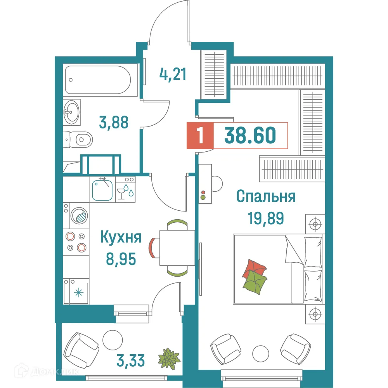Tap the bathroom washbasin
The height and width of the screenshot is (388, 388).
pos(72,112)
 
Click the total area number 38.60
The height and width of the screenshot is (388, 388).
pos(250,135)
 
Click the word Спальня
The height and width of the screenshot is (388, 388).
pos(266,196)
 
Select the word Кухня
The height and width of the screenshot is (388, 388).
pos(121,237)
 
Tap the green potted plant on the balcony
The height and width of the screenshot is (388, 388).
pos(169,357)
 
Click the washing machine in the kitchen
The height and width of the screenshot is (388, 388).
pos(79,215)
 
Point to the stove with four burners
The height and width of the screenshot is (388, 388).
pos(76,241)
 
